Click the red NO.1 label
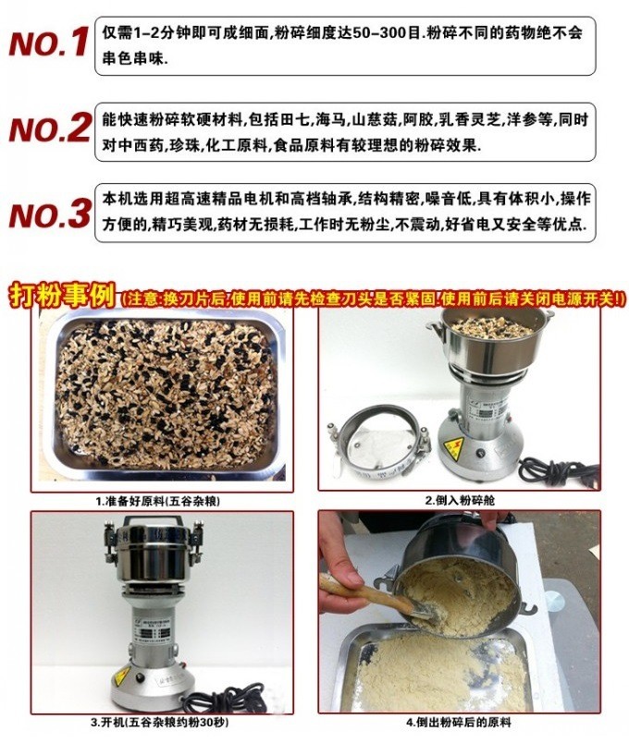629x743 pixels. click(x=49, y=43)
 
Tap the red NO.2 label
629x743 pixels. click(x=49, y=128)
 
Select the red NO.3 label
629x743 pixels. click(x=49, y=213)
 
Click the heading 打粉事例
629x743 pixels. click(x=62, y=296)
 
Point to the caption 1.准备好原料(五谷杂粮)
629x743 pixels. click(x=158, y=501)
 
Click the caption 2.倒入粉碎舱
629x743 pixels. click(x=460, y=500)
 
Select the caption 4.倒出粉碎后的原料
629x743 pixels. click(x=459, y=722)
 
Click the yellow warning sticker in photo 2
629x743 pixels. click(x=453, y=445)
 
